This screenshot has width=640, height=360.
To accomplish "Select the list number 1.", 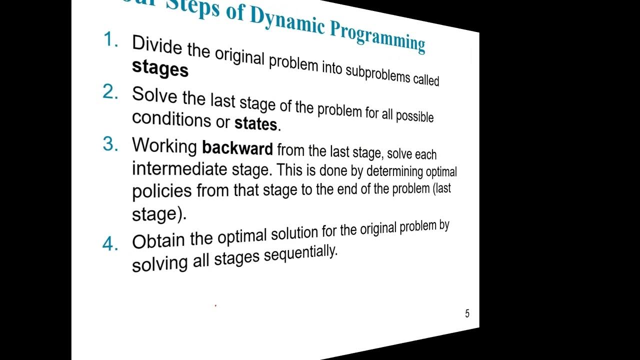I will coord(110,40).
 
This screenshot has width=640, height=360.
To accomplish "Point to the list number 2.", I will coord(110,92).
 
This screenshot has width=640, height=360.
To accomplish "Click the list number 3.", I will coord(110,144).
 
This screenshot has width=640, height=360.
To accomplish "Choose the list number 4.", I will coord(110,244).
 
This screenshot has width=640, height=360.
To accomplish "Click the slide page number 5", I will coord(467,314).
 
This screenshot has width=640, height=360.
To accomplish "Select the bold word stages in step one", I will coord(160,69).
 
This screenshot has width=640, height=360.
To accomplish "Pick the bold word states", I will coord(255,123).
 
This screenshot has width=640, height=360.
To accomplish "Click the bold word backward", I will coord(237,148).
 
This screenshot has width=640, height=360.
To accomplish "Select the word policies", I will coord(161,191).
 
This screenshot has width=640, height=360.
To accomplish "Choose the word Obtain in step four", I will coord(158,241).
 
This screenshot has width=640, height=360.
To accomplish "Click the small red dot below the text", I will coord(215,305).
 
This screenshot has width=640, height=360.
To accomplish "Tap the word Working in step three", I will coord(164,145).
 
